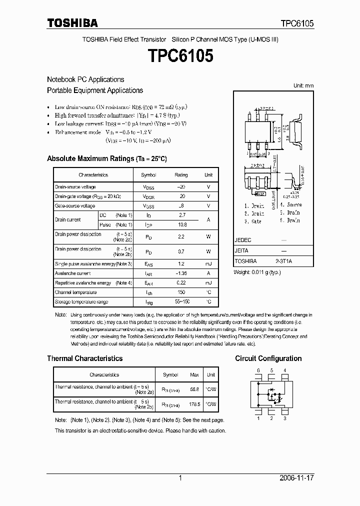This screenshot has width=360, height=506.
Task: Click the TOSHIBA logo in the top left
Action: [x=72, y=23]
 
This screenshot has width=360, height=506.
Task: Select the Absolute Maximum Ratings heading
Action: [x=106, y=158]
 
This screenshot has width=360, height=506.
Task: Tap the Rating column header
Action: [x=181, y=175]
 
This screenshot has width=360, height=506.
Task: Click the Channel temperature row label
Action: [x=75, y=292]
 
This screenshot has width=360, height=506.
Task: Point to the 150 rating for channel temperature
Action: [x=181, y=292]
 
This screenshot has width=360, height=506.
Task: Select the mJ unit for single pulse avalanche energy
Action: [x=208, y=263]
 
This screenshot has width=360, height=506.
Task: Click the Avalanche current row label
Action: [x=72, y=273]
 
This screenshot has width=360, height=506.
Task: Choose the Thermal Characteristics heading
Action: [x=84, y=358]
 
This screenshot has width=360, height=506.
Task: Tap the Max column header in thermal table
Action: [x=194, y=374]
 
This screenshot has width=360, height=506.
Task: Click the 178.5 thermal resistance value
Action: [x=194, y=404]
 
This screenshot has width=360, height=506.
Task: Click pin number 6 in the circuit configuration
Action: [x=258, y=370]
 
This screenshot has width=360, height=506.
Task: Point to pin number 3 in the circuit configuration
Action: [x=284, y=418]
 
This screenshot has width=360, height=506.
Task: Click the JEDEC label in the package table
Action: [x=242, y=240]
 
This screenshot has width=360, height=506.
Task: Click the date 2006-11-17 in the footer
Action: [x=296, y=478]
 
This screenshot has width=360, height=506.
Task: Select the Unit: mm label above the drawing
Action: [x=303, y=86]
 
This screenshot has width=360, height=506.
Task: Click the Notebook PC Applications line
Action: [x=85, y=79]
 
